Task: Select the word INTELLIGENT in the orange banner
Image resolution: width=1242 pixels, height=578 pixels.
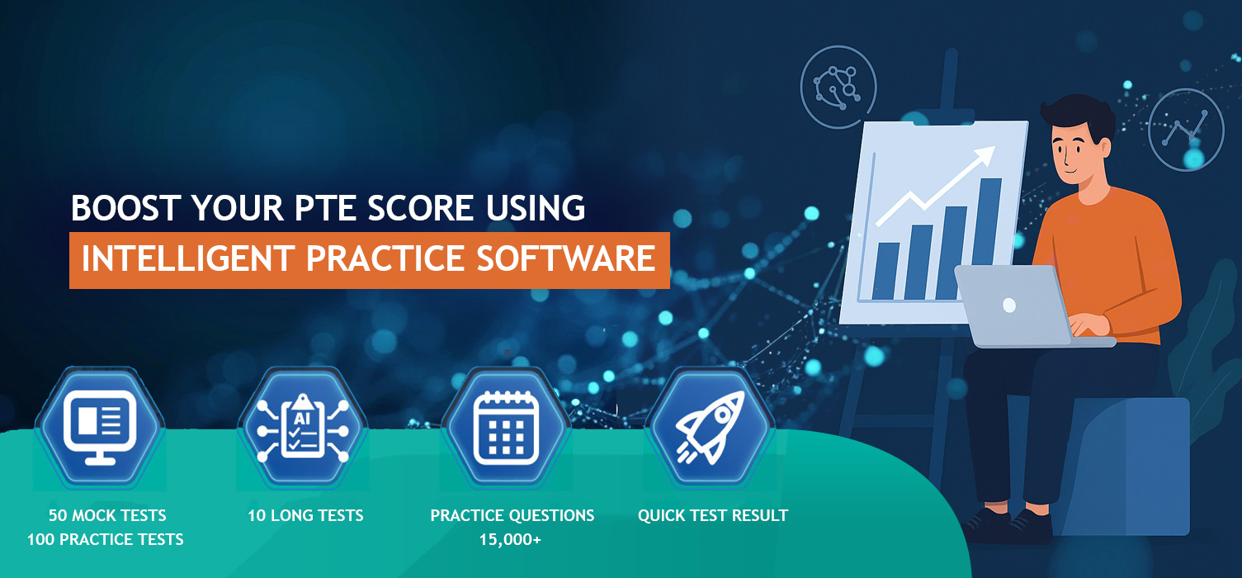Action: (188, 258)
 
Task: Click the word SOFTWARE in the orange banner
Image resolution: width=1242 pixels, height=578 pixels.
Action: (566, 258)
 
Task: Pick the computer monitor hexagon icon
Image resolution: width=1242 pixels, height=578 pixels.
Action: (100, 428)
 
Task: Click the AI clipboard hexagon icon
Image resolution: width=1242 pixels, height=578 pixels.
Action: (303, 428)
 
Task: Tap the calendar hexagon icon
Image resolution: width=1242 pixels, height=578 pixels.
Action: (506, 428)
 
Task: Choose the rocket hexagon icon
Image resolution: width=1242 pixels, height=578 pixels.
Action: (711, 428)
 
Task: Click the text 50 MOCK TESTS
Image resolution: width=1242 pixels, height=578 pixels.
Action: (107, 516)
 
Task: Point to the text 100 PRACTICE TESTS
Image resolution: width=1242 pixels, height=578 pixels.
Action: (106, 540)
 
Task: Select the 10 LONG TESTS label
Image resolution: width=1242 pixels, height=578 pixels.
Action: (305, 516)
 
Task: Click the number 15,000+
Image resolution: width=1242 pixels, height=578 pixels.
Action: (510, 540)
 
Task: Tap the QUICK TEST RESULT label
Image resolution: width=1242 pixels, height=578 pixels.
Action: (713, 516)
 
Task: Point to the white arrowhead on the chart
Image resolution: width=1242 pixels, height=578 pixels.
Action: (982, 155)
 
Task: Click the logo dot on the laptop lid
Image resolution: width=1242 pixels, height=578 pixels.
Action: (1009, 305)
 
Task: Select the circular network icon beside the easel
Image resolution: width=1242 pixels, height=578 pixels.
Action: (838, 87)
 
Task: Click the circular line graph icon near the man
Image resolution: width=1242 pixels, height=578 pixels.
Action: (1185, 130)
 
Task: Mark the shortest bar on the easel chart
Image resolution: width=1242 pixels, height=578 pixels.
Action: (885, 272)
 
